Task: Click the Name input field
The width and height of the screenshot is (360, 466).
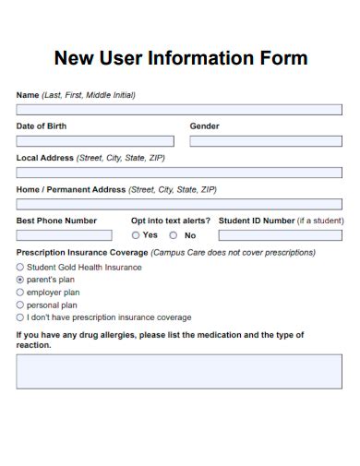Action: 179,110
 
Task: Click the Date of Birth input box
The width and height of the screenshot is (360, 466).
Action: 95,141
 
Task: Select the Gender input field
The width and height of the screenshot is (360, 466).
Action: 265,141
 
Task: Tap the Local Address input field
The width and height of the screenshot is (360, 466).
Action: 179,173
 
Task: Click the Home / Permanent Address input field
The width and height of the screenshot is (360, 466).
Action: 179,204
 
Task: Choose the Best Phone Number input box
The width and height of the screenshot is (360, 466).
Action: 64,235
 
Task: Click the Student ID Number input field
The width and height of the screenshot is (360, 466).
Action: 280,235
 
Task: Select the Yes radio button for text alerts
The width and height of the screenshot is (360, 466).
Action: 136,235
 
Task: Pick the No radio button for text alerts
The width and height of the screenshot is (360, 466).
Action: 173,235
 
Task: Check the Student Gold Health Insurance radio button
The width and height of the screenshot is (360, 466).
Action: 20,268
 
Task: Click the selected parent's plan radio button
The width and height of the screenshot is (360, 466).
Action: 20,280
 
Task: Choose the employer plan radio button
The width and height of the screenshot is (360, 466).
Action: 20,293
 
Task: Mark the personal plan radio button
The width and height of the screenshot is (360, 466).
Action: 20,305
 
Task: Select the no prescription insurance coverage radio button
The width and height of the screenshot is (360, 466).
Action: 20,317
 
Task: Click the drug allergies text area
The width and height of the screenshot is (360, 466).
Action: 179,371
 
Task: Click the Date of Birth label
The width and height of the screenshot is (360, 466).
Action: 42,126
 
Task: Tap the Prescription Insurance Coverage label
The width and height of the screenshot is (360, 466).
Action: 81,252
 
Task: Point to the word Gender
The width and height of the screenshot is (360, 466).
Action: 205,126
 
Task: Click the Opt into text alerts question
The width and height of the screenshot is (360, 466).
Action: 171,221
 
